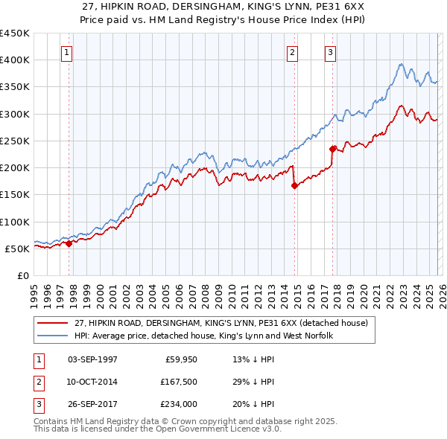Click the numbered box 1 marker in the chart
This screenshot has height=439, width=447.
(x=68, y=52)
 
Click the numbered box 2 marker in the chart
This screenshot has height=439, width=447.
(x=292, y=52)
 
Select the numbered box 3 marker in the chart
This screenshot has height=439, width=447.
(x=330, y=52)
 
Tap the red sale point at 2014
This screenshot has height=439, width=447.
(x=294, y=186)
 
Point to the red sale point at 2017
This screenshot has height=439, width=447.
(x=333, y=148)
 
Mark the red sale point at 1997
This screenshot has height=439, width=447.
(x=69, y=243)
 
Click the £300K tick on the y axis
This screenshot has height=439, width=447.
(x=15, y=114)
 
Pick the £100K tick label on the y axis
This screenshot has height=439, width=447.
(x=15, y=222)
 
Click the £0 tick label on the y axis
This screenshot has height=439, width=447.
(x=22, y=275)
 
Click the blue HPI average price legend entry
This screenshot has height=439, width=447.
(x=203, y=336)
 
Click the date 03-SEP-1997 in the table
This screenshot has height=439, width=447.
(x=92, y=359)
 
